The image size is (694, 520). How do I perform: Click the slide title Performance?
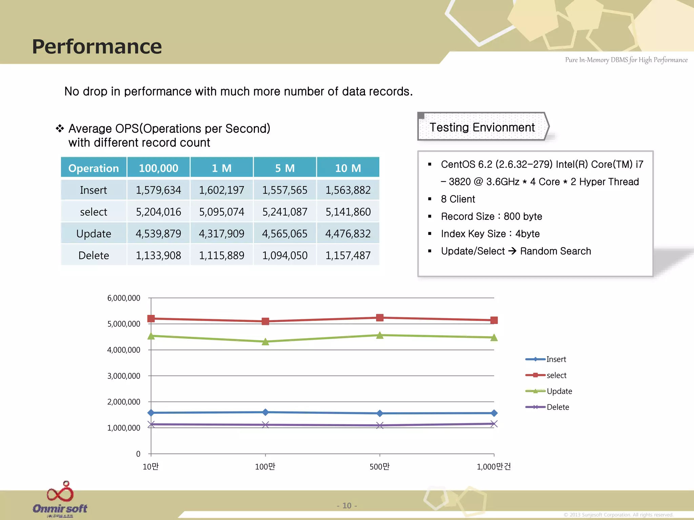[x=97, y=46]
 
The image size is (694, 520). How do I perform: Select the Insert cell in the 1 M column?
[x=221, y=190]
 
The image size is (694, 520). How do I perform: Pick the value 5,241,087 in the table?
[x=285, y=212]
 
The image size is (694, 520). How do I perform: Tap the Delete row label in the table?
[x=94, y=255]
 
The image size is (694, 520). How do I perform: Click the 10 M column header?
[x=348, y=168]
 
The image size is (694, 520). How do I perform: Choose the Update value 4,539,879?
[x=158, y=234]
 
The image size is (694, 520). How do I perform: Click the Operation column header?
[x=94, y=168]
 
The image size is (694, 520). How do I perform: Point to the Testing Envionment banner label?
[x=482, y=127]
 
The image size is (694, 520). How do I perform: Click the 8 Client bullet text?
[x=458, y=199]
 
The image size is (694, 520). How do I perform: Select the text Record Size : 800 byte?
[x=491, y=216]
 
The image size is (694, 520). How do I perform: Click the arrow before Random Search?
[x=512, y=251]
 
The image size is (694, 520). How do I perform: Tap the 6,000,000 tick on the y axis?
[x=124, y=298]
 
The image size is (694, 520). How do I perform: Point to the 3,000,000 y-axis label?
[x=124, y=376]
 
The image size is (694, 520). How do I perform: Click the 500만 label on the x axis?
[x=380, y=467]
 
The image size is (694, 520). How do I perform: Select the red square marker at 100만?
[x=265, y=321]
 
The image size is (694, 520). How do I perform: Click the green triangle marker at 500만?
[x=380, y=335]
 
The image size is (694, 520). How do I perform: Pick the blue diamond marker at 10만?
[x=151, y=413]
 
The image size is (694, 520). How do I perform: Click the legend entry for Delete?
[x=557, y=407]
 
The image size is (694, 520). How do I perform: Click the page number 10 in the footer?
[x=347, y=505]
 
